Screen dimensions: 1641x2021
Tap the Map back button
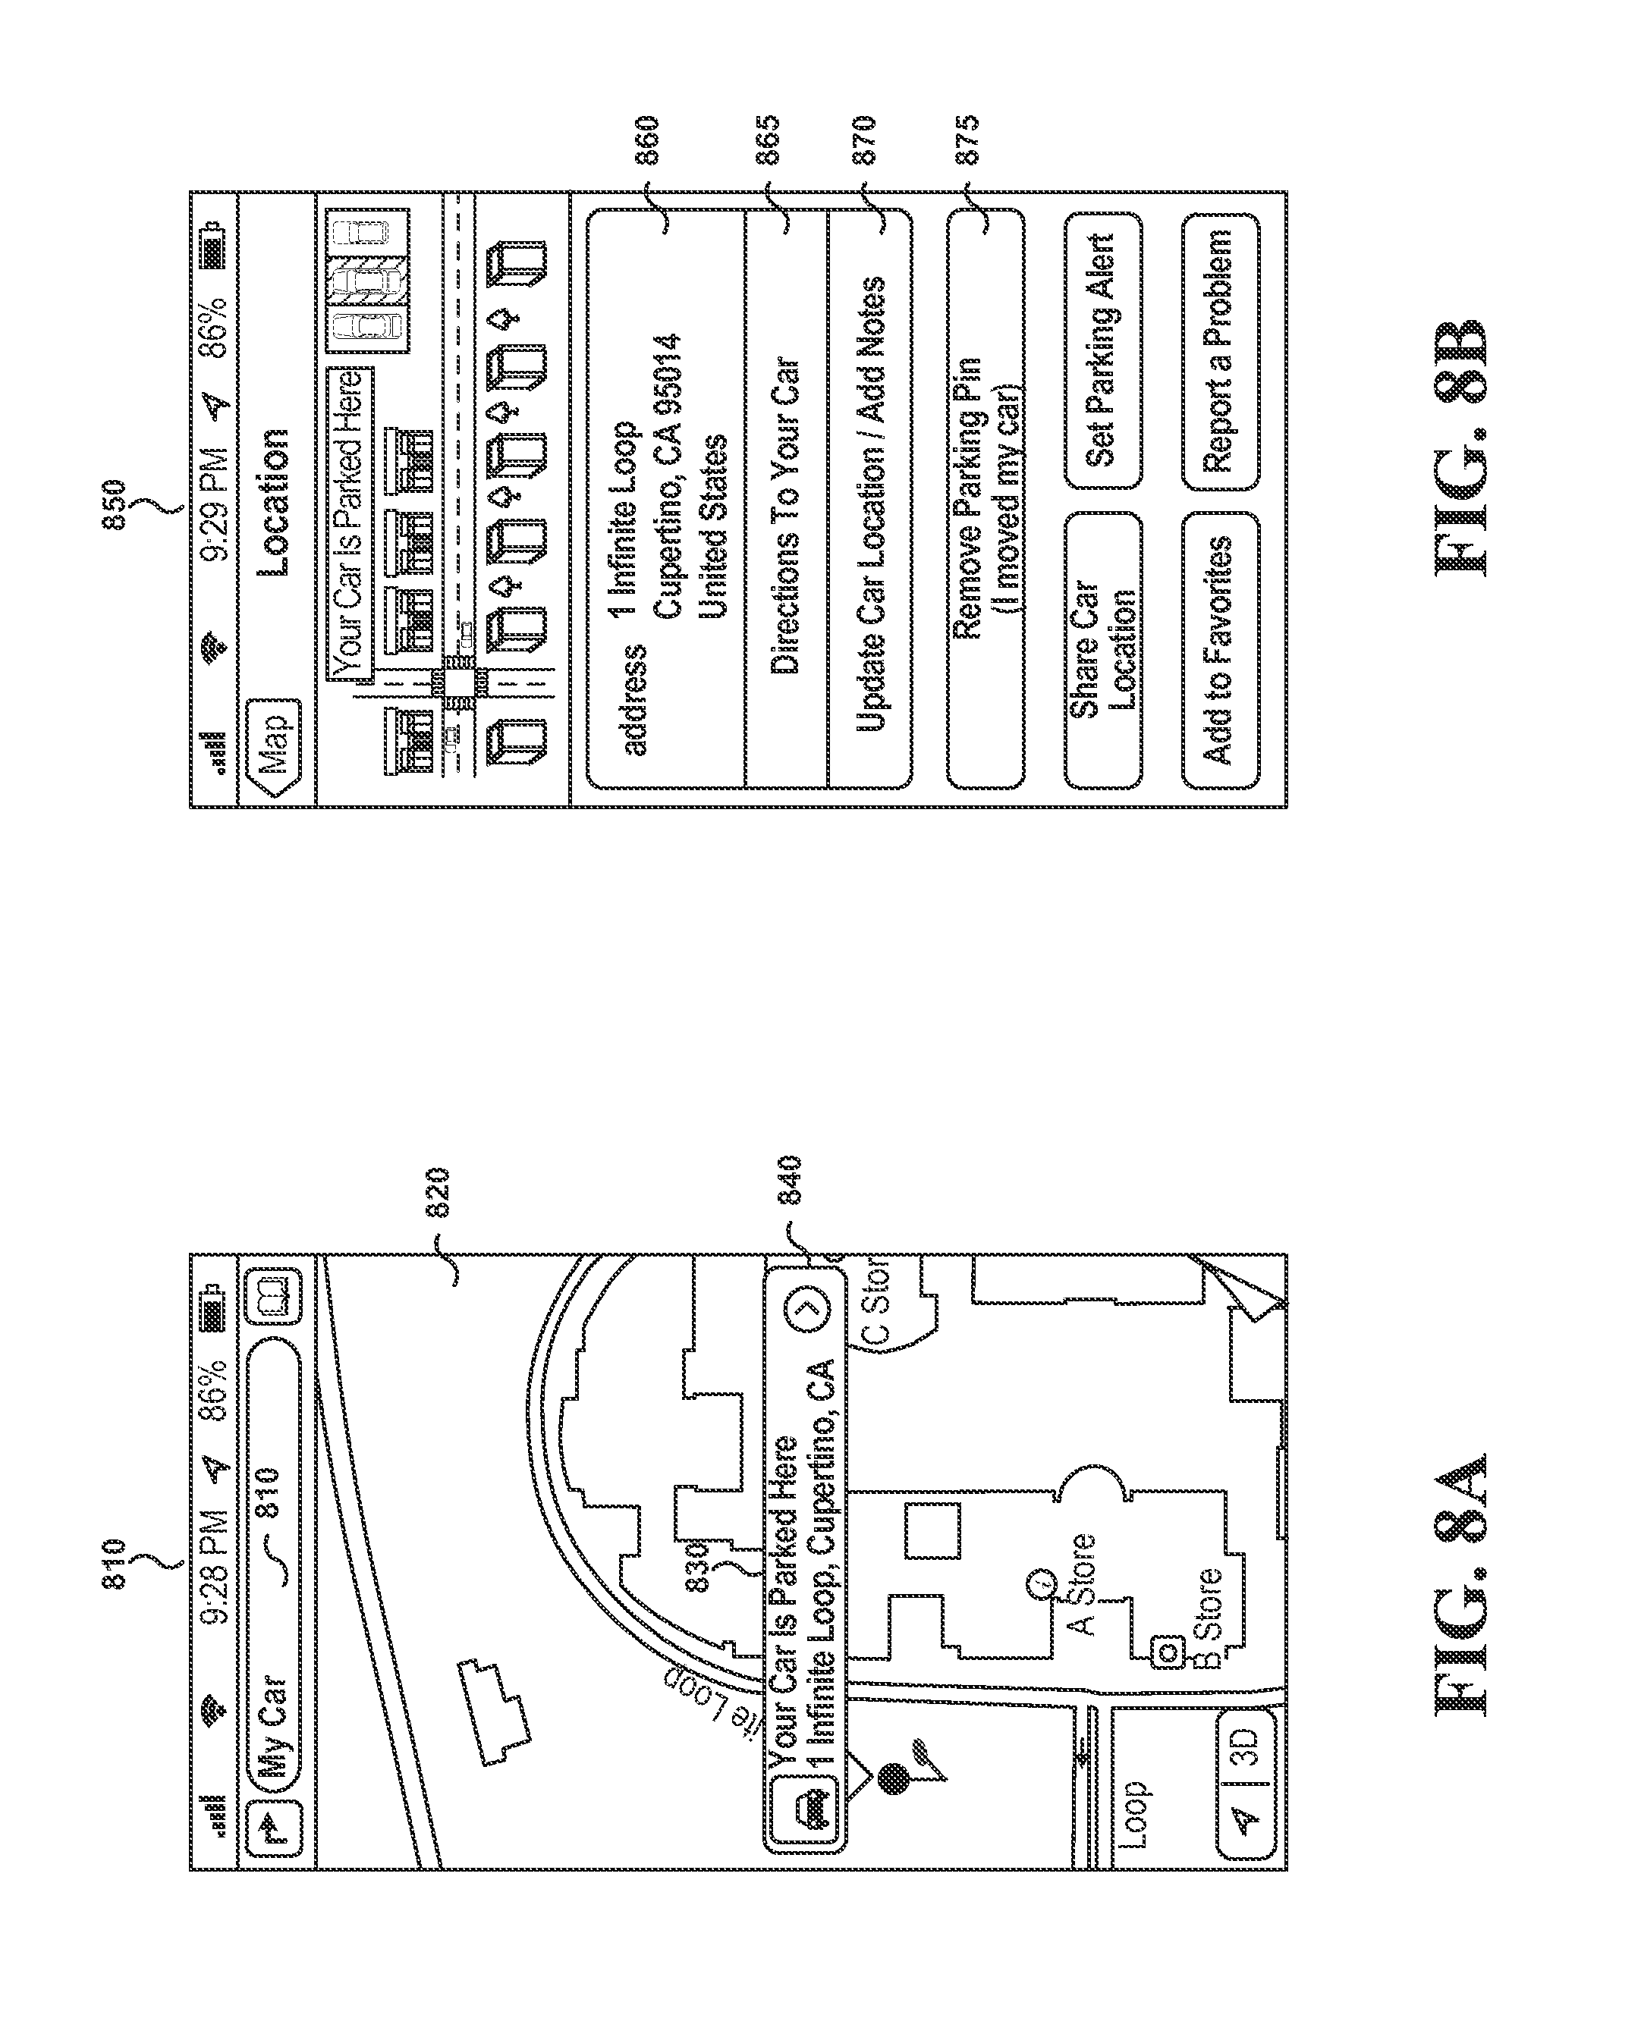pyautogui.click(x=273, y=748)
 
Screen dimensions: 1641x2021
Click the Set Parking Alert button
pyautogui.click(x=1103, y=350)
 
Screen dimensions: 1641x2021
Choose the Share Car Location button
pyautogui.click(x=1103, y=649)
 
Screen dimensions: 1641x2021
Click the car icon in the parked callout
pyautogui.click(x=812, y=1810)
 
